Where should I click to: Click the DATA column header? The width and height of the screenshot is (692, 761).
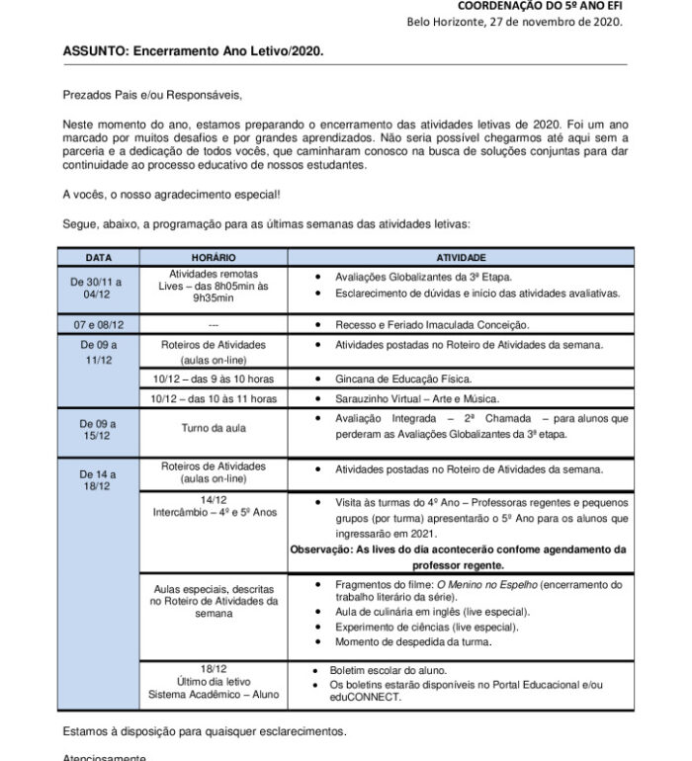pos(98,257)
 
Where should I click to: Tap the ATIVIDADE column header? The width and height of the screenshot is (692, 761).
pos(461,257)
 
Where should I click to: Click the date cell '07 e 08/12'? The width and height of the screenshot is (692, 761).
pos(98,324)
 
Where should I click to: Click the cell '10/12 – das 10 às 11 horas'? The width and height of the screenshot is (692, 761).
pos(214,398)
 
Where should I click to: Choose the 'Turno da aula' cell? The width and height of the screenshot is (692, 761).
pos(214,428)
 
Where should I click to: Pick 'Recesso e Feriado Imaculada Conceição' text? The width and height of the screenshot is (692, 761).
pos(432,324)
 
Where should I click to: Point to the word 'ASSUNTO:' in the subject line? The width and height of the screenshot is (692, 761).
pos(96,49)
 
